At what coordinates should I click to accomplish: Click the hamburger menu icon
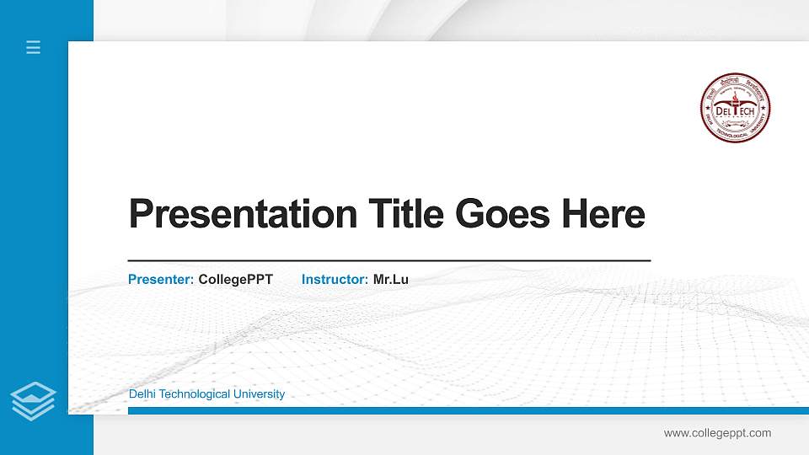[x=33, y=47]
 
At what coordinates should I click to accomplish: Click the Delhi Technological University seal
[x=736, y=107]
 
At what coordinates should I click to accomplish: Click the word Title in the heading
[x=405, y=214]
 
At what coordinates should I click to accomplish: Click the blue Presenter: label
[x=161, y=279]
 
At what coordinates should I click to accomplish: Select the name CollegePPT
[x=235, y=279]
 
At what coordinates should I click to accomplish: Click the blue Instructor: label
[x=335, y=279]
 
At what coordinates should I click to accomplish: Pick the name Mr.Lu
[x=391, y=279]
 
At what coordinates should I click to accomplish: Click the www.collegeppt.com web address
[x=717, y=433]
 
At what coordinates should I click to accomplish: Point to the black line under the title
[x=388, y=261]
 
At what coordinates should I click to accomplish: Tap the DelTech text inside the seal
[x=736, y=110]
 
